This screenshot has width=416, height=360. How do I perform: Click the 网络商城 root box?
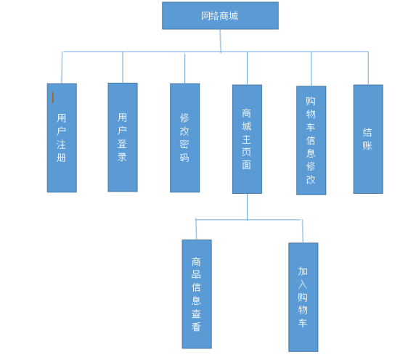(220, 16)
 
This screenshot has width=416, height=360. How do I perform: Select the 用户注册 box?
(62, 138)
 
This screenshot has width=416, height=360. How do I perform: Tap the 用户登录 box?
(123, 137)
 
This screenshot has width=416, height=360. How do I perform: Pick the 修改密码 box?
(184, 138)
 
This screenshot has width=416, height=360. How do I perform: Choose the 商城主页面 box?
(247, 139)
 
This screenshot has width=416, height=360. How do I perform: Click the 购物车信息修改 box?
(311, 140)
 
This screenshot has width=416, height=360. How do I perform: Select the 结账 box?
(368, 139)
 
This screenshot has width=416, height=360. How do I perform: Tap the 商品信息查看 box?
(197, 294)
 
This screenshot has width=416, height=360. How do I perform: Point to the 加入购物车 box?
(303, 297)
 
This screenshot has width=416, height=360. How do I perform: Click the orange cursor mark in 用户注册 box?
(53, 97)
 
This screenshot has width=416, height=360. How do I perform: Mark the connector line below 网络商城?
(221, 41)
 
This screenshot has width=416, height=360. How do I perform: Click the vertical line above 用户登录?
(123, 67)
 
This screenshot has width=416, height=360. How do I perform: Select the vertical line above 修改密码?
(184, 69)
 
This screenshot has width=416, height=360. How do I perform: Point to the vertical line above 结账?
(368, 68)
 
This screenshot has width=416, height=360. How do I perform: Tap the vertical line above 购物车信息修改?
(311, 69)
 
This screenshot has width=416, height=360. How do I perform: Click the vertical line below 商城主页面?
(247, 207)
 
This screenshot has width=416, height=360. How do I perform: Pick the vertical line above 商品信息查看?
(196, 229)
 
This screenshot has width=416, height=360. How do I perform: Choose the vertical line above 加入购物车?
(303, 231)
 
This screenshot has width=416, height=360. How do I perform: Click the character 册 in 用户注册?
(61, 157)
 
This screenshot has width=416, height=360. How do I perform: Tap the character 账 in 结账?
(367, 146)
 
